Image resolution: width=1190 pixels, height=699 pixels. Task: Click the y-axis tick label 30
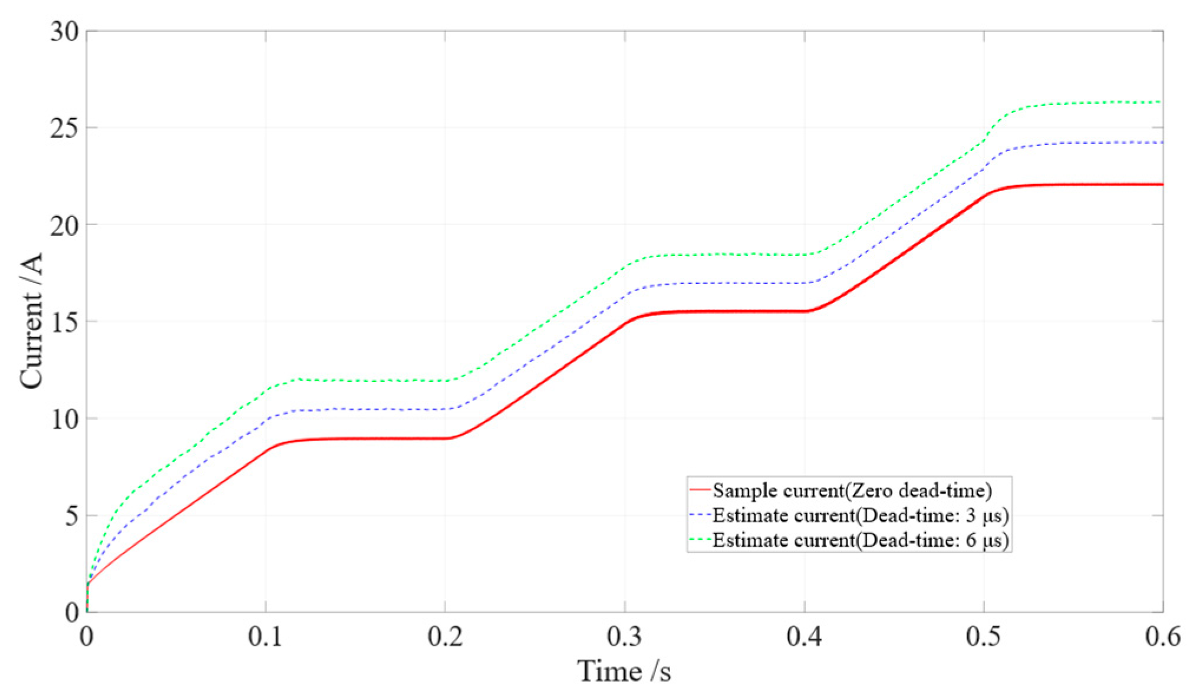click(x=64, y=31)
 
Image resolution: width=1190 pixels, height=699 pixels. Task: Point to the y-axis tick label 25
click(x=64, y=128)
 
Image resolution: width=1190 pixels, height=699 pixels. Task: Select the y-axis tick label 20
click(x=64, y=225)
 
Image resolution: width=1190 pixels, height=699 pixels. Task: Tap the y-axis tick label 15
click(x=64, y=322)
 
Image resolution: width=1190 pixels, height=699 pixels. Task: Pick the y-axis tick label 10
click(x=64, y=419)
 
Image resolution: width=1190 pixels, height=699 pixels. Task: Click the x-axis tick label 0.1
click(x=265, y=637)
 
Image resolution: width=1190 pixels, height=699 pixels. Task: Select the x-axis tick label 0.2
click(x=445, y=637)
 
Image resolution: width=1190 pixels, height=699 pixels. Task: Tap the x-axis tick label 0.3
click(x=625, y=637)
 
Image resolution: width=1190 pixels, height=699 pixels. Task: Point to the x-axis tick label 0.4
click(x=805, y=637)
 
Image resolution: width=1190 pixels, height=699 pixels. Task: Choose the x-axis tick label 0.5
click(x=984, y=637)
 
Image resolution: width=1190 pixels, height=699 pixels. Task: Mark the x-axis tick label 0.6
click(x=1163, y=637)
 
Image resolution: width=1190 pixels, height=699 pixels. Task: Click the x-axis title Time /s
click(x=624, y=671)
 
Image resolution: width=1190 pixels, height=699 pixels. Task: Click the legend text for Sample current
click(x=852, y=490)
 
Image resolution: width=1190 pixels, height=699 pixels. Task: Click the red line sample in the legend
click(x=700, y=490)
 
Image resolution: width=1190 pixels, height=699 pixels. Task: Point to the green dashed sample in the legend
click(x=700, y=540)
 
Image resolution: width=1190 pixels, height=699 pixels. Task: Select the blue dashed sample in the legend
click(x=700, y=515)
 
